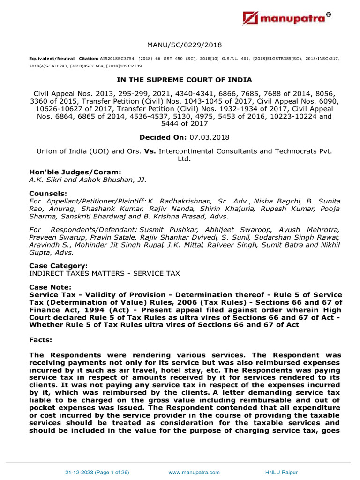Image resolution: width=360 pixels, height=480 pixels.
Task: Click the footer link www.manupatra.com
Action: point(190,472)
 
